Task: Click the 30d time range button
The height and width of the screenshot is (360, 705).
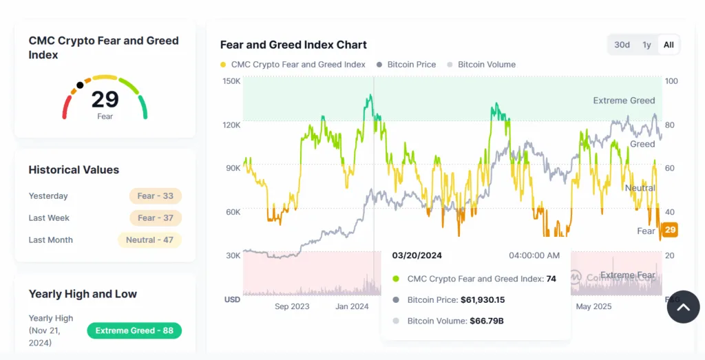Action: (622, 45)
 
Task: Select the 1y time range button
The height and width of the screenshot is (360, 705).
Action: (646, 45)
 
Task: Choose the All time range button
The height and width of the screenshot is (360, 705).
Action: (669, 45)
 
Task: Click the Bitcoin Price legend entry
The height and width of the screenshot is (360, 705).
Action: (411, 65)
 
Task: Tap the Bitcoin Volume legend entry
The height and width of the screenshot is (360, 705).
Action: (486, 65)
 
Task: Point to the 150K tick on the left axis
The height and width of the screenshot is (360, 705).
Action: (231, 81)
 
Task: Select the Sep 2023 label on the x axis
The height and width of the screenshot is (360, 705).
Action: (292, 306)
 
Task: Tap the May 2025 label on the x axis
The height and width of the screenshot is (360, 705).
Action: (593, 306)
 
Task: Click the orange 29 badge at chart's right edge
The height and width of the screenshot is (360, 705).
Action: (670, 230)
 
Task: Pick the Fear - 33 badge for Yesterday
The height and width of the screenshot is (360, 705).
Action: (155, 196)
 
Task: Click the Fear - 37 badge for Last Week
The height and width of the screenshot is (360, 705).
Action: (155, 218)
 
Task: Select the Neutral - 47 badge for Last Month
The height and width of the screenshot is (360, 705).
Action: (149, 240)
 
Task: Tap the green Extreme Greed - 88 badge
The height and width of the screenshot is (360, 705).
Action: (134, 331)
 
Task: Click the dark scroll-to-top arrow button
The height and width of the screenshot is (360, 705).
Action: (683, 307)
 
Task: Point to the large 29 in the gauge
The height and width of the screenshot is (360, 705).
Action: (105, 100)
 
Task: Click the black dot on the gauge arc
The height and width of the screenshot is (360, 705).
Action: (81, 85)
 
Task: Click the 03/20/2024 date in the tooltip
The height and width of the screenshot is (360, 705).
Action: (417, 255)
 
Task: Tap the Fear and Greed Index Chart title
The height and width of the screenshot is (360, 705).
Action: (293, 45)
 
